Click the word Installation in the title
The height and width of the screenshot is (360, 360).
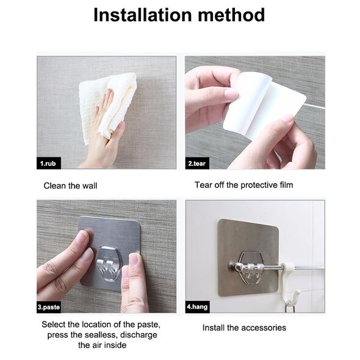[x=143, y=15]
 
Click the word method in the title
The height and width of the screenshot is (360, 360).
[x=231, y=15]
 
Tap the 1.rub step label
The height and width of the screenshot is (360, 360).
[x=48, y=164]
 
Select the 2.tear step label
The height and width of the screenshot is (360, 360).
[x=196, y=164]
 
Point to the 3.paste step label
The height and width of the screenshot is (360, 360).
[x=49, y=307]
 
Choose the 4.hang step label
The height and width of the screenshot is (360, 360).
[x=197, y=307]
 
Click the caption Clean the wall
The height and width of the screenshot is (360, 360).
[x=70, y=185]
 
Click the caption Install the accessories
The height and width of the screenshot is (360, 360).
[x=244, y=328]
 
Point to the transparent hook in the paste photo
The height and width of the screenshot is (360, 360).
[x=109, y=264]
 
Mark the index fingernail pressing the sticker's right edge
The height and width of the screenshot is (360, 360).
[x=133, y=259]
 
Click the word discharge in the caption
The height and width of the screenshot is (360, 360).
[x=139, y=335]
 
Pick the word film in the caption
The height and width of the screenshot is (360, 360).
[x=286, y=185]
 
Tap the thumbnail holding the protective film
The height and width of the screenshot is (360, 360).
[x=231, y=94]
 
